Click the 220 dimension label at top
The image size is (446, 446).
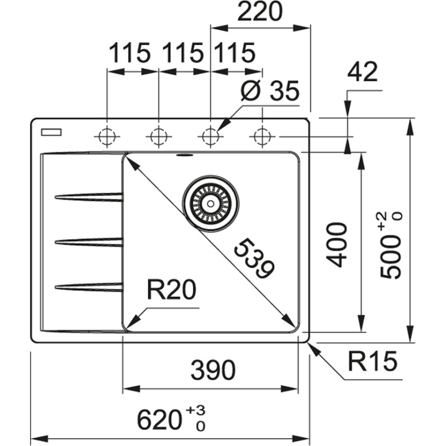260,12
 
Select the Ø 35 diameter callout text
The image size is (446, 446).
270,92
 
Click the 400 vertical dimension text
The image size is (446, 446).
337,244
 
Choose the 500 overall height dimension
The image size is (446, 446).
390,245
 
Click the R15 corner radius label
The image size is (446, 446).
372,362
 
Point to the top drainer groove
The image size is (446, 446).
89,197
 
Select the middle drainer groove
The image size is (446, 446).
89,241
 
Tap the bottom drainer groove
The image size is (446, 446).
89,287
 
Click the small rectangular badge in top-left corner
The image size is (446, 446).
51,132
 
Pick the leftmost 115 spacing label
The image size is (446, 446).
129,54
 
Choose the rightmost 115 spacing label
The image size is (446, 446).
234,54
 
